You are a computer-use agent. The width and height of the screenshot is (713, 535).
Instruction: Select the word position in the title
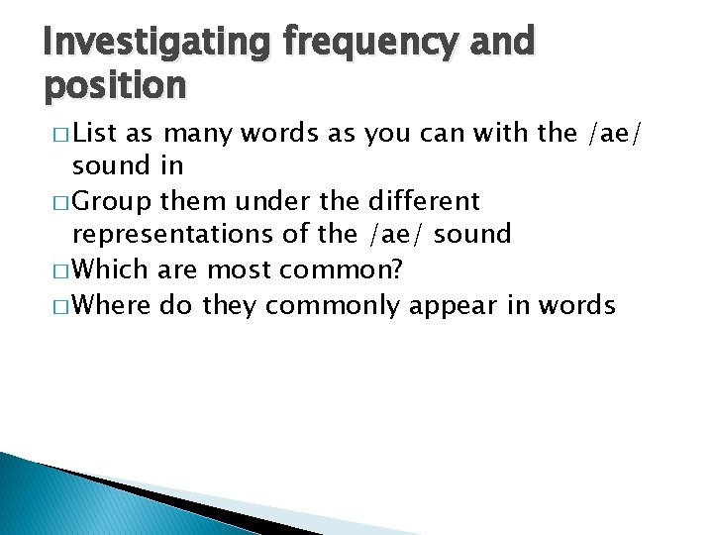[115, 87]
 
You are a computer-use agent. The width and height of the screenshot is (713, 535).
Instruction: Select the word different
[423, 200]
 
